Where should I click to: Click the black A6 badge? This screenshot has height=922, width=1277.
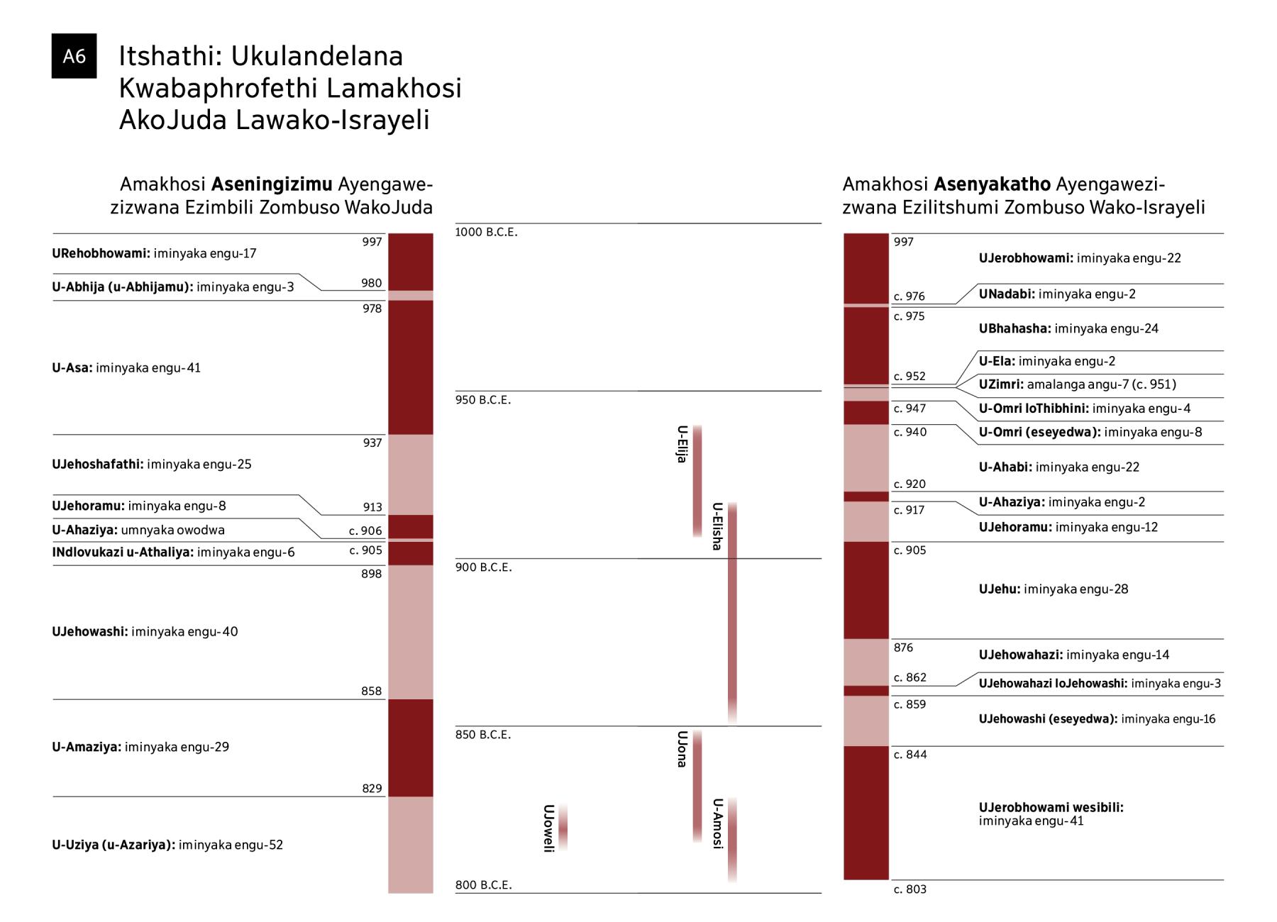tap(74, 55)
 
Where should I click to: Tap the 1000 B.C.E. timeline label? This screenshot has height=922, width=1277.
tap(486, 233)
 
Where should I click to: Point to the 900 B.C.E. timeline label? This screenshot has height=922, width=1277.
tap(483, 567)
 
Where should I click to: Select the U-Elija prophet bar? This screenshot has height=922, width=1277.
tap(697, 481)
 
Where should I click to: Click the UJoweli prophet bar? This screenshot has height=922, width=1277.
tap(563, 827)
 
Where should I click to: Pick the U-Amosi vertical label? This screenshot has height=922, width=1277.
tap(717, 823)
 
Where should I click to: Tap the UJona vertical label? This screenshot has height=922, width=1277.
tap(682, 749)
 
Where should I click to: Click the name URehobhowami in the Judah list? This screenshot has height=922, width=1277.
tap(101, 253)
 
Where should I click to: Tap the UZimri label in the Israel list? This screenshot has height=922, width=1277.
tap(1001, 384)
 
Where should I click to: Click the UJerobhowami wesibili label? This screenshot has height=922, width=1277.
tap(1051, 807)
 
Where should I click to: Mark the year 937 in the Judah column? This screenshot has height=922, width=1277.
tap(372, 443)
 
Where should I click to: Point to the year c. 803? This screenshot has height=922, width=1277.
tap(910, 889)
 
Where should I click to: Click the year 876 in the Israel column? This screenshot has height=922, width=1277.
tap(904, 648)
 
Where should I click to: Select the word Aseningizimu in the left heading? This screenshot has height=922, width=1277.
tap(272, 184)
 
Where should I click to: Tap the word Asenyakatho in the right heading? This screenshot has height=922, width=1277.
tap(992, 184)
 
